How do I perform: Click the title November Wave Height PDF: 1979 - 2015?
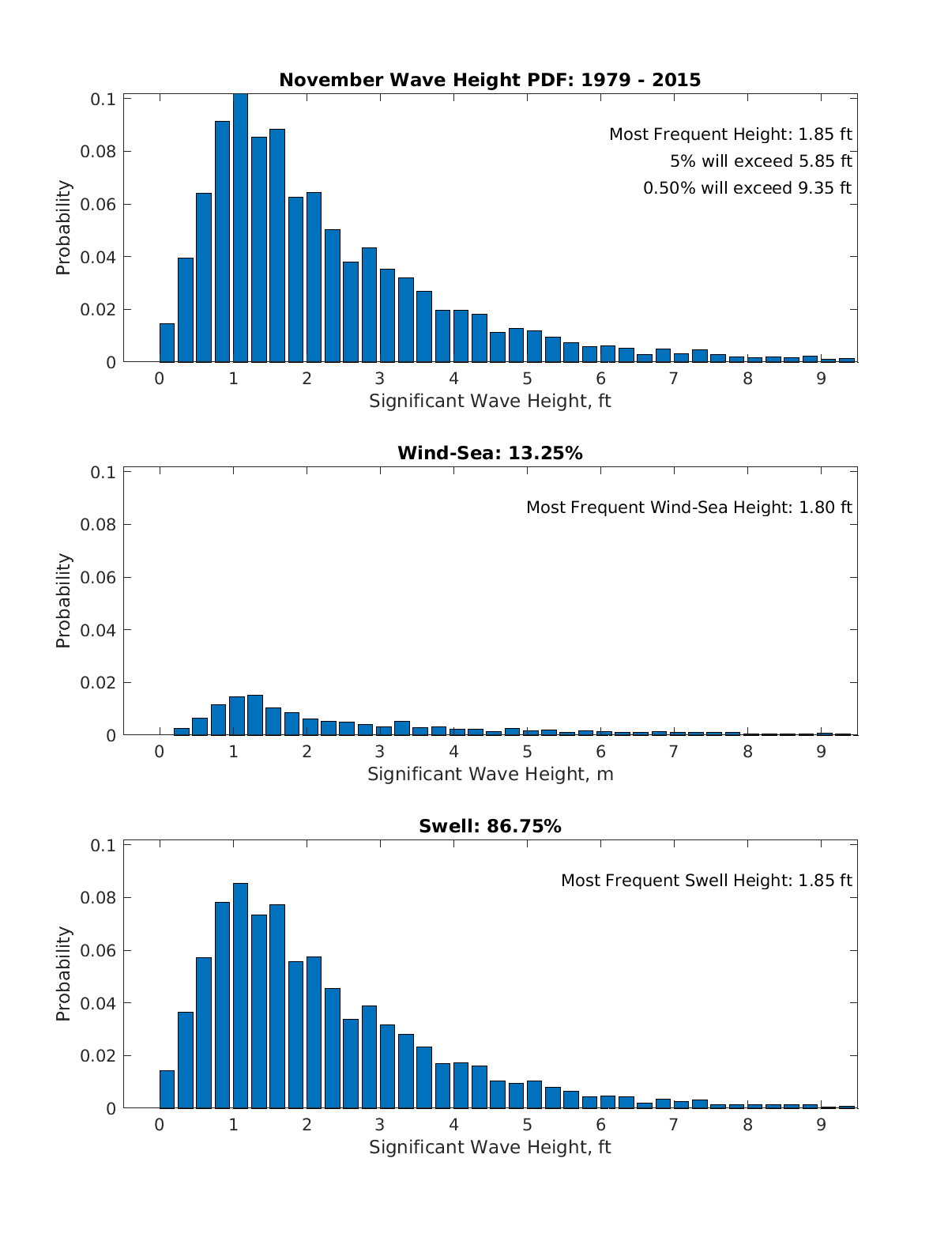click(x=490, y=80)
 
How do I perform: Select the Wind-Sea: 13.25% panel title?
click(x=490, y=453)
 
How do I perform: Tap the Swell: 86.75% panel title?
click(x=490, y=826)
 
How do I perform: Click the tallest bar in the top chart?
click(x=240, y=229)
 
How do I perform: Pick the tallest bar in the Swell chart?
click(x=240, y=996)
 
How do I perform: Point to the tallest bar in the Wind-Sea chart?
click(x=254, y=715)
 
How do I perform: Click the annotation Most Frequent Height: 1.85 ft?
click(x=730, y=134)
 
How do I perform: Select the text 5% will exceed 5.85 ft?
click(x=761, y=161)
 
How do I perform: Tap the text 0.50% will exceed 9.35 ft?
click(x=747, y=188)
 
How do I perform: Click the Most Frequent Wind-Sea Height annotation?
click(x=689, y=507)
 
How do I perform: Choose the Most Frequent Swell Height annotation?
click(x=706, y=881)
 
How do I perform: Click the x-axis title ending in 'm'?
click(x=490, y=774)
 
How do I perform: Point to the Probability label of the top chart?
click(x=63, y=228)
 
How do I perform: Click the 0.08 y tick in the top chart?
click(x=98, y=152)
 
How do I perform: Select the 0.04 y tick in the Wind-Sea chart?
click(x=98, y=630)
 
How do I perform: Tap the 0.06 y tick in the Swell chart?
click(x=98, y=950)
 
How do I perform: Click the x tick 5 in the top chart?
click(x=527, y=379)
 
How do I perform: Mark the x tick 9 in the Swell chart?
click(x=821, y=1125)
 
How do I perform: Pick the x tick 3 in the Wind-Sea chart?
click(x=380, y=752)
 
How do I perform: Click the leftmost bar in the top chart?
click(x=167, y=343)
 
